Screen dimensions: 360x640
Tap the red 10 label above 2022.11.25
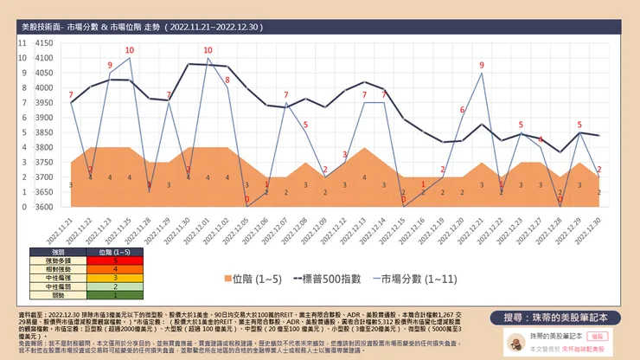[129, 50]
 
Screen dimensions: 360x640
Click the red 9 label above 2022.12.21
[481, 65]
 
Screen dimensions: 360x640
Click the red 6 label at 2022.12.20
[462, 110]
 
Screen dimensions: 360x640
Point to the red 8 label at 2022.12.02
[227, 80]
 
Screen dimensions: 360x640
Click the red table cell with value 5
[115, 260]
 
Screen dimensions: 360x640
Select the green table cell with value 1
[115, 295]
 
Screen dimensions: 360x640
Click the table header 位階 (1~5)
[115, 251]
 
